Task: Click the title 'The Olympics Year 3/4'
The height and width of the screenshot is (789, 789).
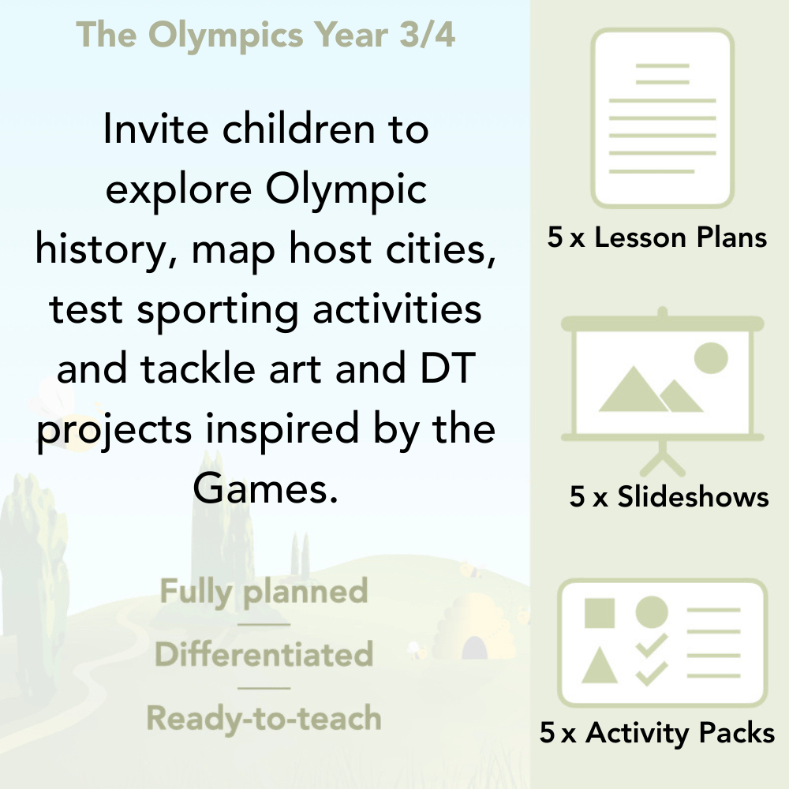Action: [266, 36]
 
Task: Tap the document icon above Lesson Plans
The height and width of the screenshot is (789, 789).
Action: [663, 118]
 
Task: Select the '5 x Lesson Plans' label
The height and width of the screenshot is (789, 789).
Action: [657, 237]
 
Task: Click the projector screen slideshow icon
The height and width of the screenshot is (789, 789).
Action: [663, 379]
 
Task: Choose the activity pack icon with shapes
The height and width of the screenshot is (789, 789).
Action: [663, 642]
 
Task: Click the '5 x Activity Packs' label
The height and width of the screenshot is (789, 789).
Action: [657, 733]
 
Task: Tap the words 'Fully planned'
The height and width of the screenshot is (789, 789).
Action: [264, 592]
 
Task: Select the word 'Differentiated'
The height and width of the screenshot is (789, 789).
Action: [264, 655]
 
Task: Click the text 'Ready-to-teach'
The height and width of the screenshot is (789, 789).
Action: [264, 719]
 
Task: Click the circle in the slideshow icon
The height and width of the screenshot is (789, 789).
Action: [710, 357]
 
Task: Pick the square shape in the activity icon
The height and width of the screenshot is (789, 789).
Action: [600, 613]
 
